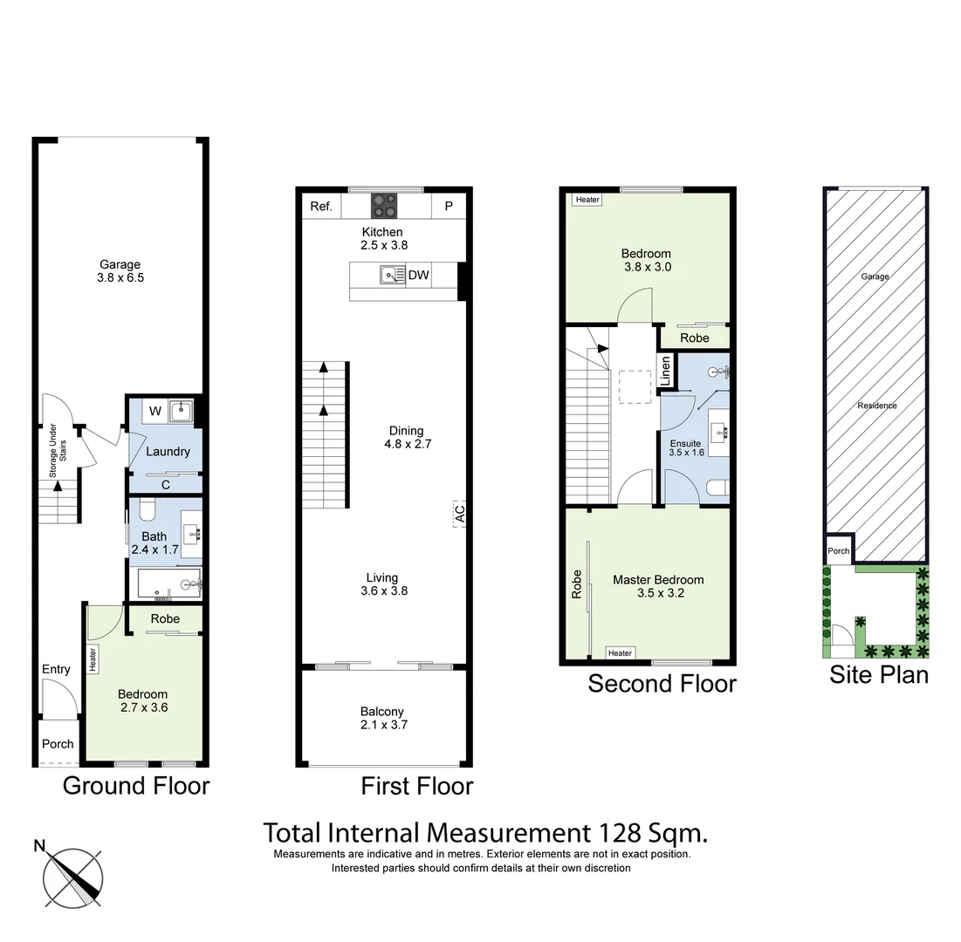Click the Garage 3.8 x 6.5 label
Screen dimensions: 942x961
pos(120,272)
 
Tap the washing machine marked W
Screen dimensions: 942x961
pos(154,411)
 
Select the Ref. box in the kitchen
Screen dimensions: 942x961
pos(321,207)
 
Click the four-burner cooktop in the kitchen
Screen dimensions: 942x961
pos(384,206)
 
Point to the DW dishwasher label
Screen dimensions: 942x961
pos(418,276)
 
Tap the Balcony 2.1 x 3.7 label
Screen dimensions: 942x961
pos(382,718)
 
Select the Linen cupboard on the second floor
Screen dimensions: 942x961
pos(666,371)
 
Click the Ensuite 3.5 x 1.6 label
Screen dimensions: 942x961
pos(686,447)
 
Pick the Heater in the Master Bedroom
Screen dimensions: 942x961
pos(620,653)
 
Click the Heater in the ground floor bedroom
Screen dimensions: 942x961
pos(93,659)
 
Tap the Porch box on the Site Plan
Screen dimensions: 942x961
pos(838,551)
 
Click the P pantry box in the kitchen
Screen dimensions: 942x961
pos(449,207)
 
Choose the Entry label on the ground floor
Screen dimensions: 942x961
pos(56,669)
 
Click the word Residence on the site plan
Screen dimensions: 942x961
pos(876,406)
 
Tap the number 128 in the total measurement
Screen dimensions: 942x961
pos(620,832)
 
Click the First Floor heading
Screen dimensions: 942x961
pos(417,786)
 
